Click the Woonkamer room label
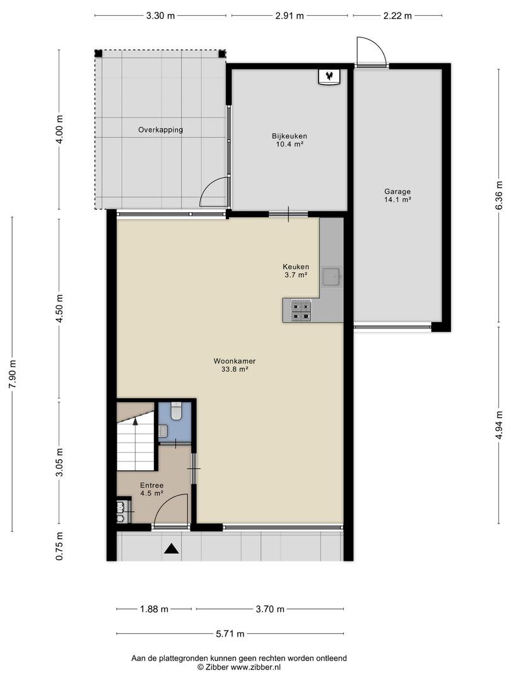pyautogui.click(x=234, y=361)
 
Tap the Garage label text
pyautogui.click(x=397, y=191)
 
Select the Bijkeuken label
pyautogui.click(x=290, y=136)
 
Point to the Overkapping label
pyautogui.click(x=160, y=129)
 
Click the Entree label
pyautogui.click(x=151, y=486)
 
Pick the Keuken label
pyautogui.click(x=296, y=266)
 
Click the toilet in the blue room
pyautogui.click(x=175, y=412)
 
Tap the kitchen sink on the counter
pyautogui.click(x=332, y=277)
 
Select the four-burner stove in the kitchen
pyautogui.click(x=301, y=311)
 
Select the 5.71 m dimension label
pyautogui.click(x=230, y=634)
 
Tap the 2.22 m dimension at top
pyautogui.click(x=397, y=16)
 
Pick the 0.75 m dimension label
pyautogui.click(x=60, y=546)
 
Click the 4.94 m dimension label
pyautogui.click(x=499, y=426)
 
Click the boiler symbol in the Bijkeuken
pyautogui.click(x=330, y=77)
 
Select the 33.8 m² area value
pyautogui.click(x=234, y=369)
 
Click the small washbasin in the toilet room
pyautogui.click(x=163, y=431)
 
